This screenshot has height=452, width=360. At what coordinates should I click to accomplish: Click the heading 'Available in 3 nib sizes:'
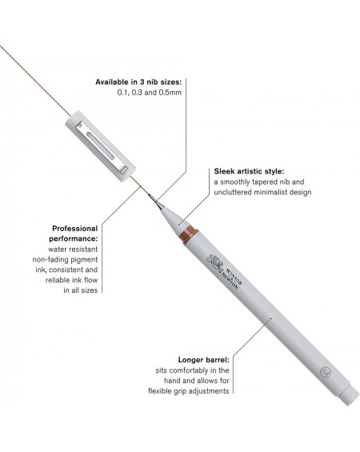click(x=138, y=82)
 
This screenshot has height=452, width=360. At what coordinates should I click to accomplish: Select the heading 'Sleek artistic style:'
click(x=249, y=171)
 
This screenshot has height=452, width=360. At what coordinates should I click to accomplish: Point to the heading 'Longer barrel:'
click(x=203, y=360)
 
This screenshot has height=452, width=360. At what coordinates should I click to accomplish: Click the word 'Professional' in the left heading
click(x=75, y=229)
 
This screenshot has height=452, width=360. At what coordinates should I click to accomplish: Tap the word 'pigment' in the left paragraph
click(x=85, y=260)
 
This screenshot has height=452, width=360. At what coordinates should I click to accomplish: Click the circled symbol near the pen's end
click(x=326, y=372)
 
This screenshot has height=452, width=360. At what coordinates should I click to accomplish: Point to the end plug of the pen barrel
click(x=349, y=394)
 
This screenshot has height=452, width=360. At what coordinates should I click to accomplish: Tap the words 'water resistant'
click(x=73, y=250)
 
